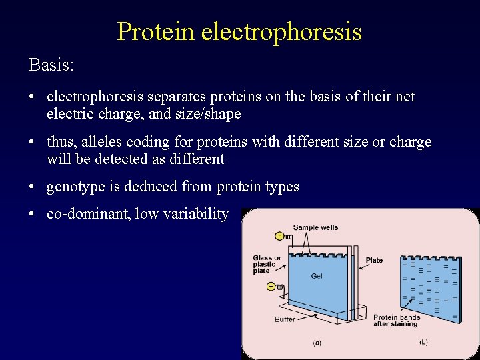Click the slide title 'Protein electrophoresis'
(239, 31)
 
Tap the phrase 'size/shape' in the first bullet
(207, 115)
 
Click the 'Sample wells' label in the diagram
(315, 227)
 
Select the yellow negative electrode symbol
(279, 236)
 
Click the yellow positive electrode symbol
(271, 287)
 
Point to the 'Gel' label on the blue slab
(317, 276)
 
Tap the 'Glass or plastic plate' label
(267, 265)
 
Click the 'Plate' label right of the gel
(374, 260)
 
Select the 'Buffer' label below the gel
(285, 319)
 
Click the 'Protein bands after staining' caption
(396, 321)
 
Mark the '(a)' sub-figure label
(317, 343)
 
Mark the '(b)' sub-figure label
(423, 342)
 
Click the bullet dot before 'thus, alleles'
(32, 143)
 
